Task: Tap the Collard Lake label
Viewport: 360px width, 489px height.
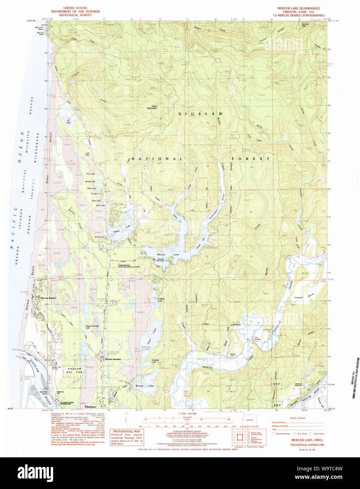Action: (161, 300)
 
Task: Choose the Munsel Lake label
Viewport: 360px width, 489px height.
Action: (144, 386)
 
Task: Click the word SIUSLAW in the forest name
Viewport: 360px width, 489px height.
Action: (200, 114)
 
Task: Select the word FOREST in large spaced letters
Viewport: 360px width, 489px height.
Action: (250, 159)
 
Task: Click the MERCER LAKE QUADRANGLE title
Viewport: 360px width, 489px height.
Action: (298, 8)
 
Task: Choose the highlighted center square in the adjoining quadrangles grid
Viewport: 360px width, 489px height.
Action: (241, 437)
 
